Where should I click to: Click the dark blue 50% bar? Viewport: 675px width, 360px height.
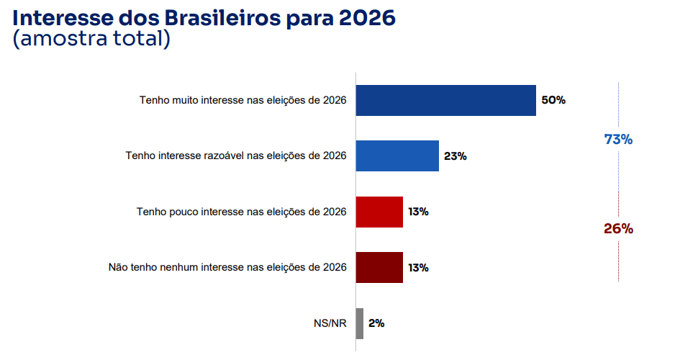(x=446, y=100)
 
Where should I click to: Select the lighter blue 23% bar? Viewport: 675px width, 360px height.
(x=397, y=156)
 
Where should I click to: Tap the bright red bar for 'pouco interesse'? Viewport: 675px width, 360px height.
(x=379, y=212)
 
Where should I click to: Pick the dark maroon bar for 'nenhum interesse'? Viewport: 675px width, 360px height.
(x=379, y=267)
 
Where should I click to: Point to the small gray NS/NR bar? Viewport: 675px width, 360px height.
(x=360, y=323)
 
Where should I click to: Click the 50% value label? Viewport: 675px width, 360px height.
(x=553, y=100)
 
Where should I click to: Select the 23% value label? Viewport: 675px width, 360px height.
(x=455, y=156)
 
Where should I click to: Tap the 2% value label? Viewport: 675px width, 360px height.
(x=376, y=323)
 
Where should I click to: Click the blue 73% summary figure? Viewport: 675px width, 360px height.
(x=618, y=140)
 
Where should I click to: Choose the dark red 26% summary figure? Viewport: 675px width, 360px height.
(x=618, y=229)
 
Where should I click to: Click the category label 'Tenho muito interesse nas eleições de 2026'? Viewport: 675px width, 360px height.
(x=243, y=100)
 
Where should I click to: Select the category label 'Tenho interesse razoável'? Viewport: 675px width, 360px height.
(x=236, y=156)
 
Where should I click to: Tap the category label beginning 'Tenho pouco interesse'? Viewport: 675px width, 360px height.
(x=241, y=212)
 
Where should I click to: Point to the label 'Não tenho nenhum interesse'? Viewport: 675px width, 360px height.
(x=227, y=267)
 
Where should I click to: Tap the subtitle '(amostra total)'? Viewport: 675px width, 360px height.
(x=91, y=39)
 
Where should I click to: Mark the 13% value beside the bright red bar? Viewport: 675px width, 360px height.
(x=418, y=212)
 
